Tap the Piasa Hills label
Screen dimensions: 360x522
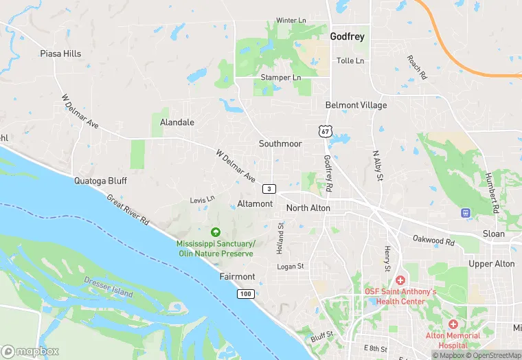60,54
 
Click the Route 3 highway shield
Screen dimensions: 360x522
269,188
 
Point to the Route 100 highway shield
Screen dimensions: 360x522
245,293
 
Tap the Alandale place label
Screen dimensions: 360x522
177,122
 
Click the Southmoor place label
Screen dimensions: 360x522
280,144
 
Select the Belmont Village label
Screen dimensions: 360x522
356,105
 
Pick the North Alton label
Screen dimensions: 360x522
308,207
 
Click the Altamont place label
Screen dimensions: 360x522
255,204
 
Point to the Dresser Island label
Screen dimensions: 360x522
109,288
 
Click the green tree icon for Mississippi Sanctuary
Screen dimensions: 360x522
216,232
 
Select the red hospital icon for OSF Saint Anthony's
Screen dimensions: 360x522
400,280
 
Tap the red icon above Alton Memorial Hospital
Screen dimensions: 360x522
453,324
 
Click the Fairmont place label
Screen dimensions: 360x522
237,276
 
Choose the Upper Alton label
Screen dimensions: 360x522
491,264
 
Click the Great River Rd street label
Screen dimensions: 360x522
128,210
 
